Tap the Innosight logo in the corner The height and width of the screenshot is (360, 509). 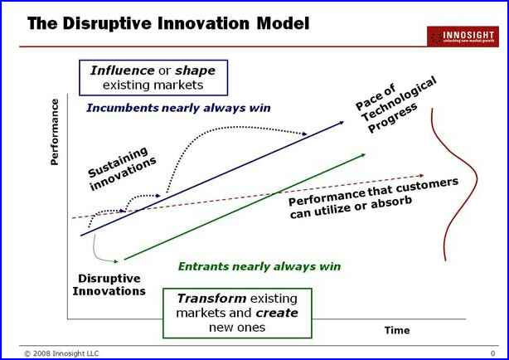(463, 36)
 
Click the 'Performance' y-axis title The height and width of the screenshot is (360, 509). (56, 132)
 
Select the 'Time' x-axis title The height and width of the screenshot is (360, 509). (396, 330)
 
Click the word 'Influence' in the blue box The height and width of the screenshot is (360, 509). (122, 71)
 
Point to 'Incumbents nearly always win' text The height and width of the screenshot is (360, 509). (177, 108)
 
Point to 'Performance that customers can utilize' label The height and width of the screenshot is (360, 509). (372, 199)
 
